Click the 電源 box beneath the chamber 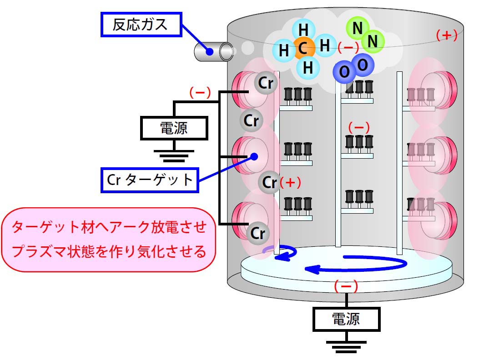point(347,319)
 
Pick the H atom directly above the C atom point(303,30)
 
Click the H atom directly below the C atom point(308,68)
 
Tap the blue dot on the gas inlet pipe point(209,51)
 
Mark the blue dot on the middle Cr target point(253,156)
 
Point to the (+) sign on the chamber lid point(446,35)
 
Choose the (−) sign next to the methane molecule point(348,46)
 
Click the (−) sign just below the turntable point(346,286)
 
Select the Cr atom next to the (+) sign point(269,182)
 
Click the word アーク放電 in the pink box point(129,227)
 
